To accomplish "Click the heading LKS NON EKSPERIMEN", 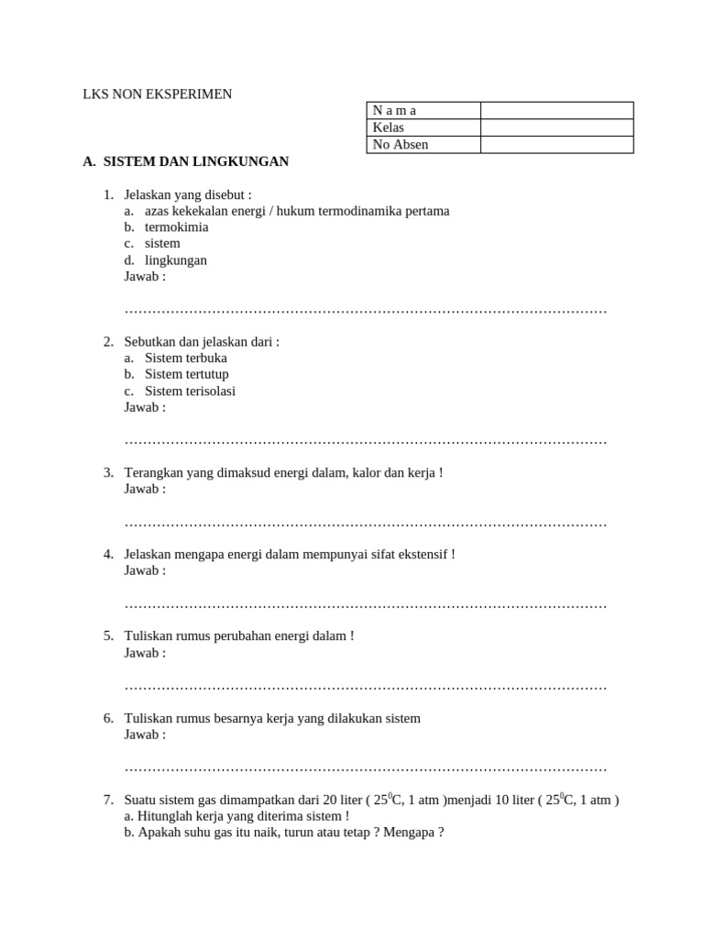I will [158, 94].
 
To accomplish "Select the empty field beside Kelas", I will [556, 127].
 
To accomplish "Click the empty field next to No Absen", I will [556, 145].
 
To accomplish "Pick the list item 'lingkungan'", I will [176, 260].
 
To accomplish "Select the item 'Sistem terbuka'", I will [186, 358].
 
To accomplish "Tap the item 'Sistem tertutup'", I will [187, 374].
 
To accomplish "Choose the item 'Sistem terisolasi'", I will [191, 391].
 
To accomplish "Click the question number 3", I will [108, 472].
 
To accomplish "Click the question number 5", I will [108, 635].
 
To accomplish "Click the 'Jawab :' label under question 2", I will [145, 407].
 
